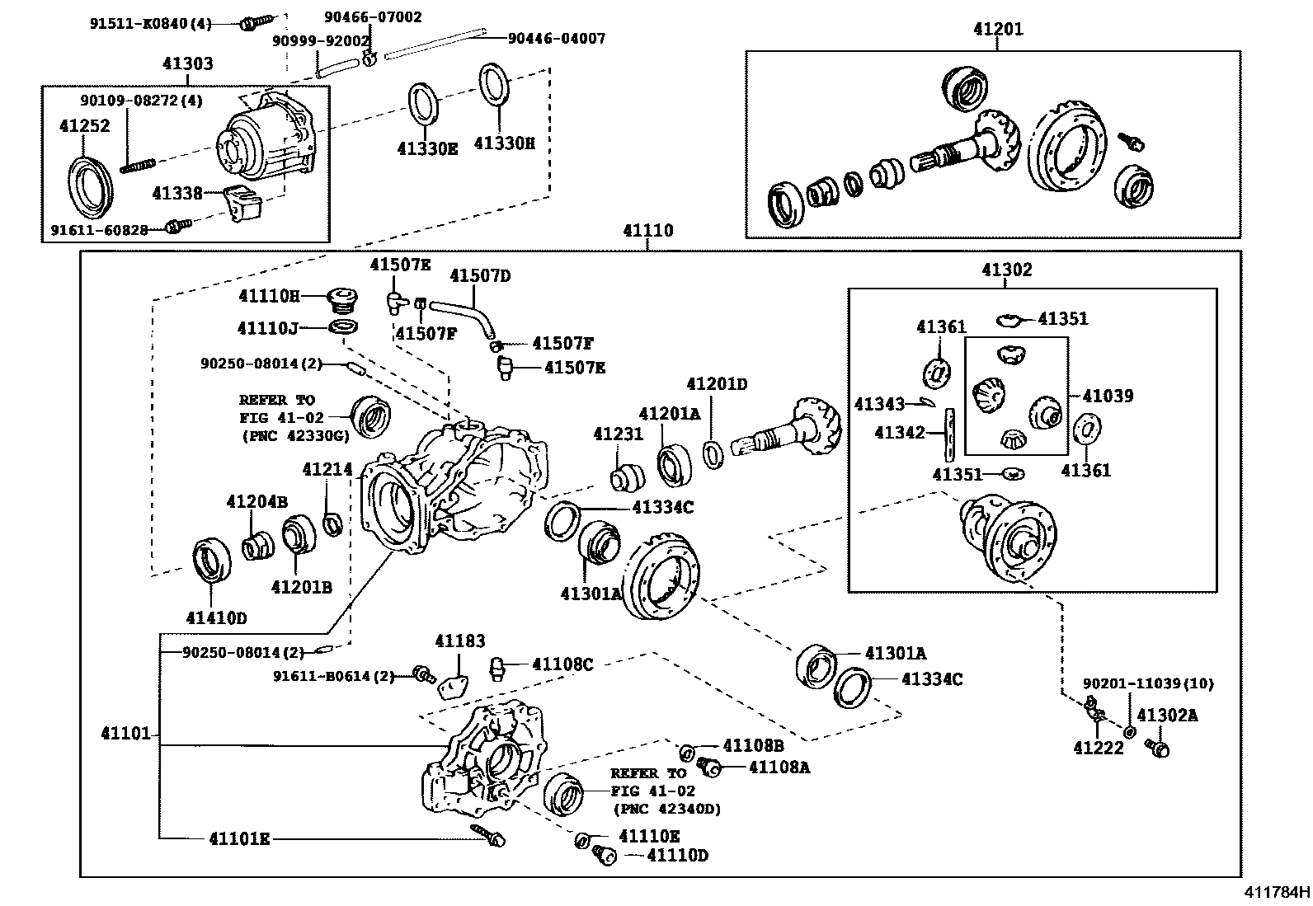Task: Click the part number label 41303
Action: [187, 63]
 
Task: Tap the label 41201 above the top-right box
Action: [997, 29]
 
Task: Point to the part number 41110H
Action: [268, 296]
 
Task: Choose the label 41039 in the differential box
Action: [1108, 396]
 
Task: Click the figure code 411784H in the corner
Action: [1277, 891]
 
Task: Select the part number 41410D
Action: [216, 617]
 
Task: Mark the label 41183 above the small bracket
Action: [460, 641]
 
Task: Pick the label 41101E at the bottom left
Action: [238, 838]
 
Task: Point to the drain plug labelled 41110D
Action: [605, 857]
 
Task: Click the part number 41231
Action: [618, 434]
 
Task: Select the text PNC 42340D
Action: [667, 809]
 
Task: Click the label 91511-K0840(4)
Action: [151, 24]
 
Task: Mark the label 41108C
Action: [562, 664]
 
